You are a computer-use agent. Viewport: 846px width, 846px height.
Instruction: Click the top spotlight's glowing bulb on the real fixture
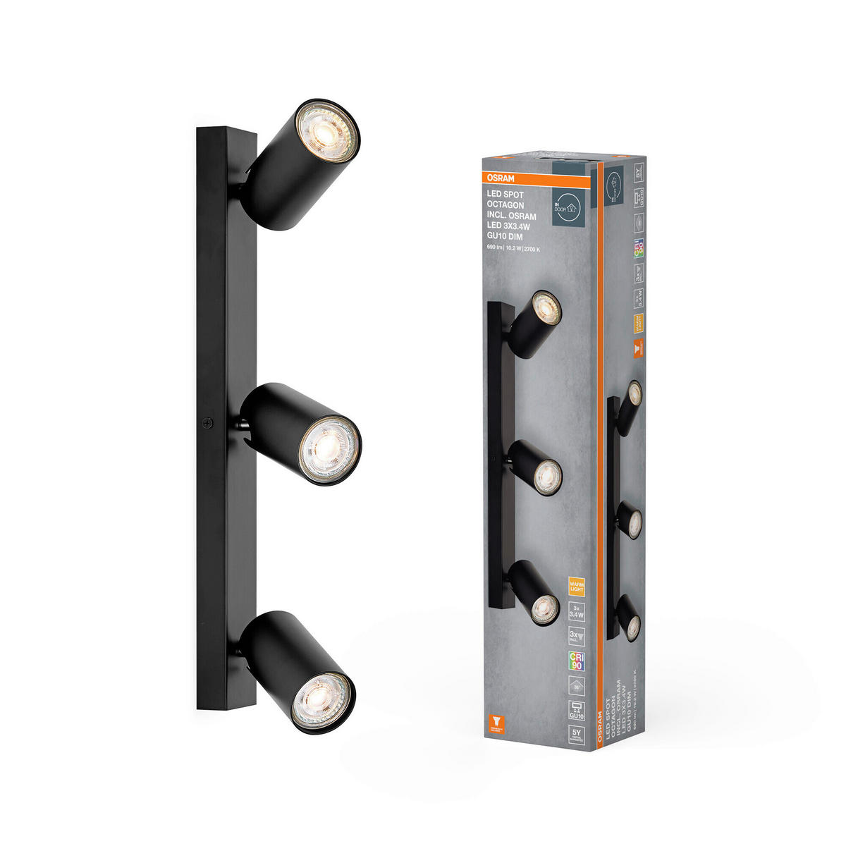[x=326, y=131]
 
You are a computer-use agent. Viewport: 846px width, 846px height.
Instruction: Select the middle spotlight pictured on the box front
[x=539, y=469]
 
